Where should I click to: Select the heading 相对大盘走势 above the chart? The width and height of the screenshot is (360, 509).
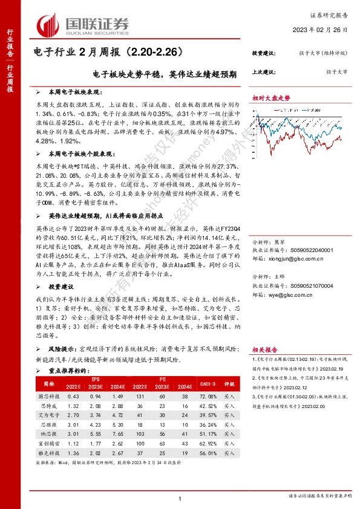(x=271, y=97)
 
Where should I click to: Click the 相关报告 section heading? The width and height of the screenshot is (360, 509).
(x=264, y=349)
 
